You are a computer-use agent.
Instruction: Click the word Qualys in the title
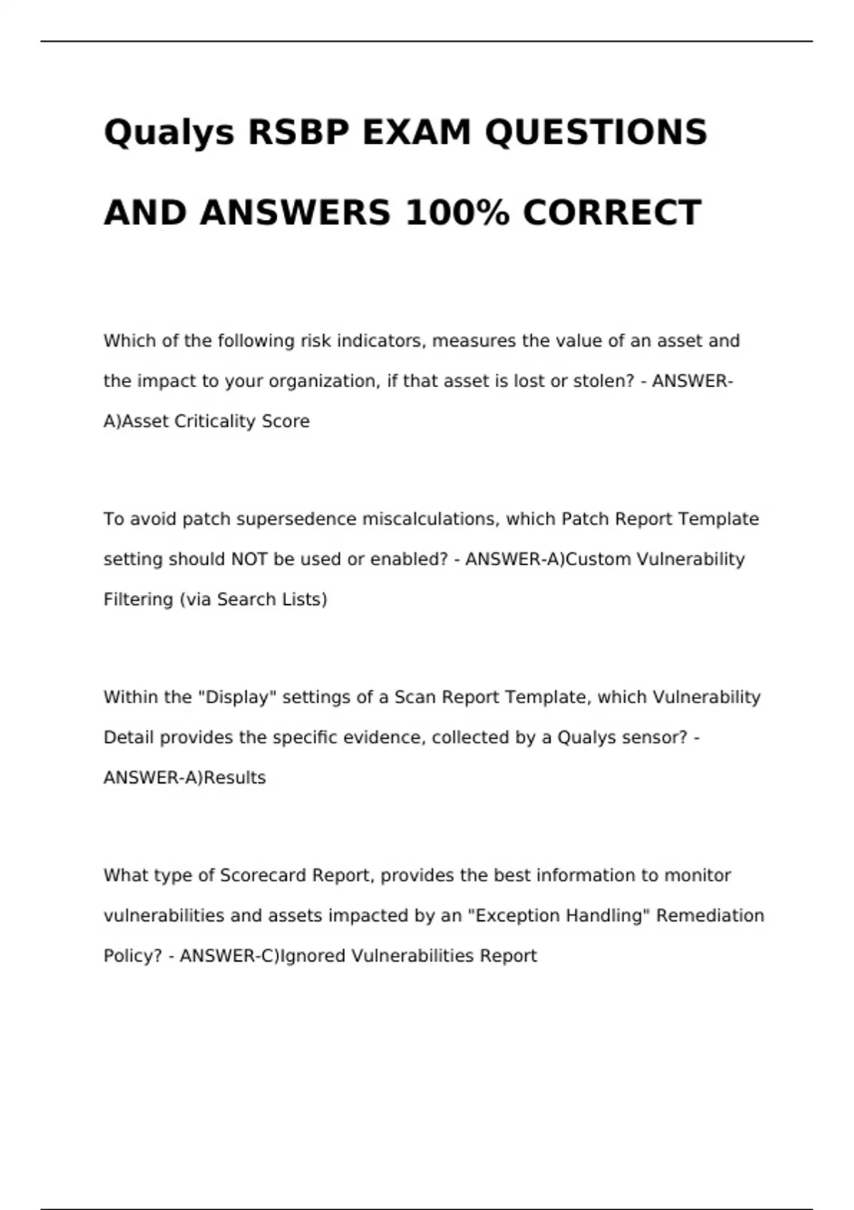click(x=169, y=133)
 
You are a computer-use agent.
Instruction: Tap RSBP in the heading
click(x=298, y=132)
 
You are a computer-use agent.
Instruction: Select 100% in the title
click(x=457, y=213)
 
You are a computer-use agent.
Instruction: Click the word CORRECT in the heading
click(x=612, y=213)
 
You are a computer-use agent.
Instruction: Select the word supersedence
click(x=297, y=520)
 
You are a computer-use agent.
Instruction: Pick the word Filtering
click(x=138, y=600)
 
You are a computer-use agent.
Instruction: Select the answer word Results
click(x=235, y=778)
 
